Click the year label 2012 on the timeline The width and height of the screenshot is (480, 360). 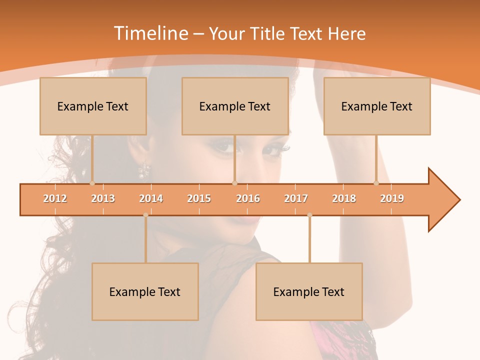(x=55, y=198)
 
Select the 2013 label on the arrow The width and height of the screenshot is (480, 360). (x=103, y=198)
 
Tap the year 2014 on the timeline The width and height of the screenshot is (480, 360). (x=151, y=198)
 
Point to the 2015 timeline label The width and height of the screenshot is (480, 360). (x=199, y=198)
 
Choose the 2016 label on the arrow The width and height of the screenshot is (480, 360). (x=248, y=198)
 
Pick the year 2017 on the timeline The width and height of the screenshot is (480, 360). (x=296, y=198)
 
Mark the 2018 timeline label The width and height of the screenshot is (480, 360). (x=344, y=198)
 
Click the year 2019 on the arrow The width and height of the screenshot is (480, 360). (x=392, y=198)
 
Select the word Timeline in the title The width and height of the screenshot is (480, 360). (x=150, y=33)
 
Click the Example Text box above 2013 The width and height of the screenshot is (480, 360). (x=93, y=106)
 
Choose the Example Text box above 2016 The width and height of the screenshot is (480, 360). (x=235, y=106)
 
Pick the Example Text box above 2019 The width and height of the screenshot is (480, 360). (x=377, y=106)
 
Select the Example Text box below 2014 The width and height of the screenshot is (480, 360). (x=145, y=291)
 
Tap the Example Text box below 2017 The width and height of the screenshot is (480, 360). (x=309, y=291)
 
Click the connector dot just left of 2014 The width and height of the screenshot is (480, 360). (x=145, y=215)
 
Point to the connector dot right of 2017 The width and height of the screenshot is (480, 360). (x=309, y=215)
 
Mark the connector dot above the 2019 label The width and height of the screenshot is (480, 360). (x=376, y=183)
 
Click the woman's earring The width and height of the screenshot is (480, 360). (x=144, y=170)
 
